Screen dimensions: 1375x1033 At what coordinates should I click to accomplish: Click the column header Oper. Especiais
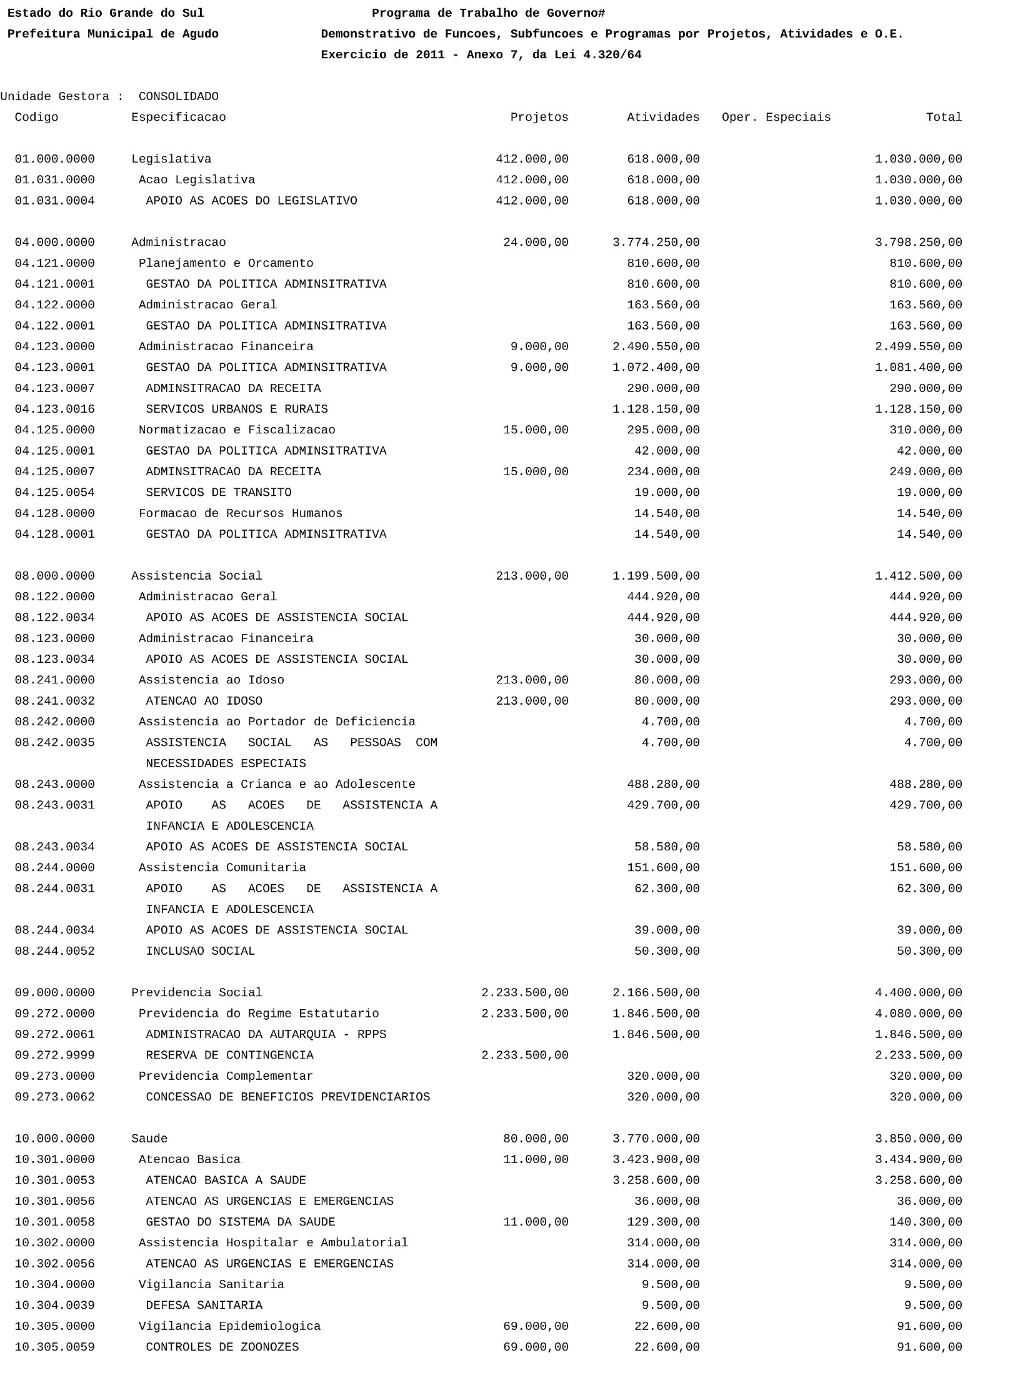coord(776,118)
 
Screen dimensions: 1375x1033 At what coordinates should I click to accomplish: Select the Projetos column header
coord(539,118)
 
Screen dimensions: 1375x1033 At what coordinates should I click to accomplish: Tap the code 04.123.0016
coord(55,410)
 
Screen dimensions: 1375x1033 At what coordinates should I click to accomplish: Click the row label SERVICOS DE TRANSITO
coord(219,493)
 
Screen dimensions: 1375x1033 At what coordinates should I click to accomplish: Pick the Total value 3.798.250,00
coord(918,243)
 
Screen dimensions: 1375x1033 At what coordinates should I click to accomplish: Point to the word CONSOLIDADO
coord(179,97)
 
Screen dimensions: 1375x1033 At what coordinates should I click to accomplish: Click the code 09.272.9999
coord(55,1055)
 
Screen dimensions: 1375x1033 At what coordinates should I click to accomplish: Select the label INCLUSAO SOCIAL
coord(201,951)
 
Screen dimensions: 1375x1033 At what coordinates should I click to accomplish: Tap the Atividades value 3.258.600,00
coord(656,1181)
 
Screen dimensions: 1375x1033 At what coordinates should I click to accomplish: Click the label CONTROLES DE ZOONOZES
coord(222,1347)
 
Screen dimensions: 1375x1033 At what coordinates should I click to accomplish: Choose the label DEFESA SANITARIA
coord(204,1306)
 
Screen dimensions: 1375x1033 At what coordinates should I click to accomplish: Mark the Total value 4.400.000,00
coord(918,993)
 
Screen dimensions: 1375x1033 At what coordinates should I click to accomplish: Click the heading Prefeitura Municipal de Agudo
coord(113,34)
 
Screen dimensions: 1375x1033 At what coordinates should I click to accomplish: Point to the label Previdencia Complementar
coord(226,1076)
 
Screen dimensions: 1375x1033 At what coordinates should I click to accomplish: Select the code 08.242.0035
coord(55,743)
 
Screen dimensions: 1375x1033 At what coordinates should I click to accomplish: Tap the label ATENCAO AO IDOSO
coord(204,701)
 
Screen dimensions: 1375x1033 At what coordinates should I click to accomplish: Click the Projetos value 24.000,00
coord(536,243)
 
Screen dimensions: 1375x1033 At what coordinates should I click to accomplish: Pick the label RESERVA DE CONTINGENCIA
coord(229,1055)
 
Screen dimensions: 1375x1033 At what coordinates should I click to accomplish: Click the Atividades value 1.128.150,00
coord(656,410)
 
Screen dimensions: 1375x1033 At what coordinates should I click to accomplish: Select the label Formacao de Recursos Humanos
coord(241,513)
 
